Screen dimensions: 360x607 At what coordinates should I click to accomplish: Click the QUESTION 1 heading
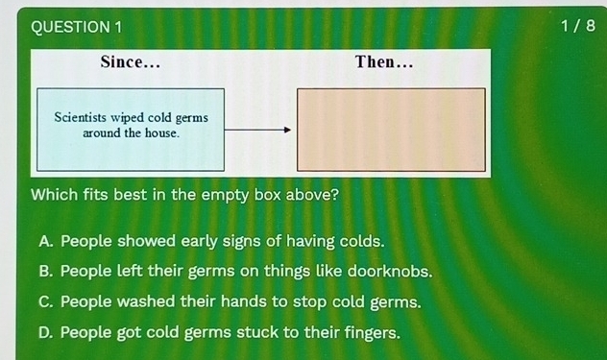77,26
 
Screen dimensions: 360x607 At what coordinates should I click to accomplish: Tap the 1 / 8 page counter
575,26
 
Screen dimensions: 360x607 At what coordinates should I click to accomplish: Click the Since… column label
130,63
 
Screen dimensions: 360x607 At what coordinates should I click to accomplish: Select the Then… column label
383,63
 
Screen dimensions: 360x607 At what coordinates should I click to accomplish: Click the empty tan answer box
391,130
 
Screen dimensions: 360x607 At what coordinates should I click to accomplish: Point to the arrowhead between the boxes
286,132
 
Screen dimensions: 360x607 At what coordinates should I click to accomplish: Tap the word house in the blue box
160,132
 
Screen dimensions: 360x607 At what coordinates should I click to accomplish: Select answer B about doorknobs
236,272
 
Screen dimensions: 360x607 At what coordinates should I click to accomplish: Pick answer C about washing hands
231,301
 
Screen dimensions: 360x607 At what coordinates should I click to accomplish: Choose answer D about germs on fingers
220,332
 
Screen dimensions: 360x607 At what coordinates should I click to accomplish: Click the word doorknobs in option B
388,272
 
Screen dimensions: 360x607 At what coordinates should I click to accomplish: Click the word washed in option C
148,301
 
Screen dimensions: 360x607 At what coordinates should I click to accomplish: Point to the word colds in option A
360,241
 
